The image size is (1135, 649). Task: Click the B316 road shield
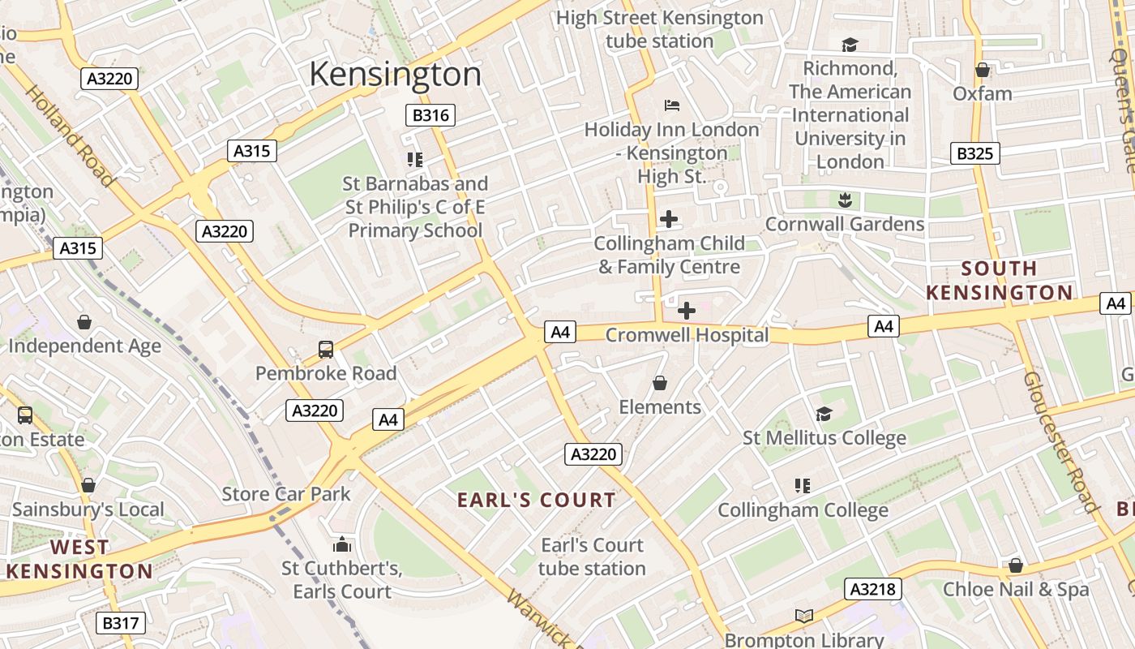430,115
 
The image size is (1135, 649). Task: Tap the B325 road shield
974,153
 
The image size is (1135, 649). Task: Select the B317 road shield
121,623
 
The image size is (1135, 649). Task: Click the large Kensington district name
395,74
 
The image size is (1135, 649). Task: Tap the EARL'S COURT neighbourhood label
537,500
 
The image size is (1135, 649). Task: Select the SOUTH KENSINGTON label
999,280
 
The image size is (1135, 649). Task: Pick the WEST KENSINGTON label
79,559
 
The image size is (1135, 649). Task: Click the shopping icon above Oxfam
983,70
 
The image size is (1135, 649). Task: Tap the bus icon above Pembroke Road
325,350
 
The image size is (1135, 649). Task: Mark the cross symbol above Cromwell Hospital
686,311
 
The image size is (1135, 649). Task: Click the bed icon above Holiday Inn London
671,105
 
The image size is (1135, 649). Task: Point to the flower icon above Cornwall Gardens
845,200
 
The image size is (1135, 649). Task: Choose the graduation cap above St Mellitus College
824,414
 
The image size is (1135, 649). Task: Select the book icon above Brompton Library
803,617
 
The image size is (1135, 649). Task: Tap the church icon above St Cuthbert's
342,544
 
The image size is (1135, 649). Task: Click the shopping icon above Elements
660,383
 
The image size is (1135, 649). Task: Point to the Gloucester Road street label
1059,442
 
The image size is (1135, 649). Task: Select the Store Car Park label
286,494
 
